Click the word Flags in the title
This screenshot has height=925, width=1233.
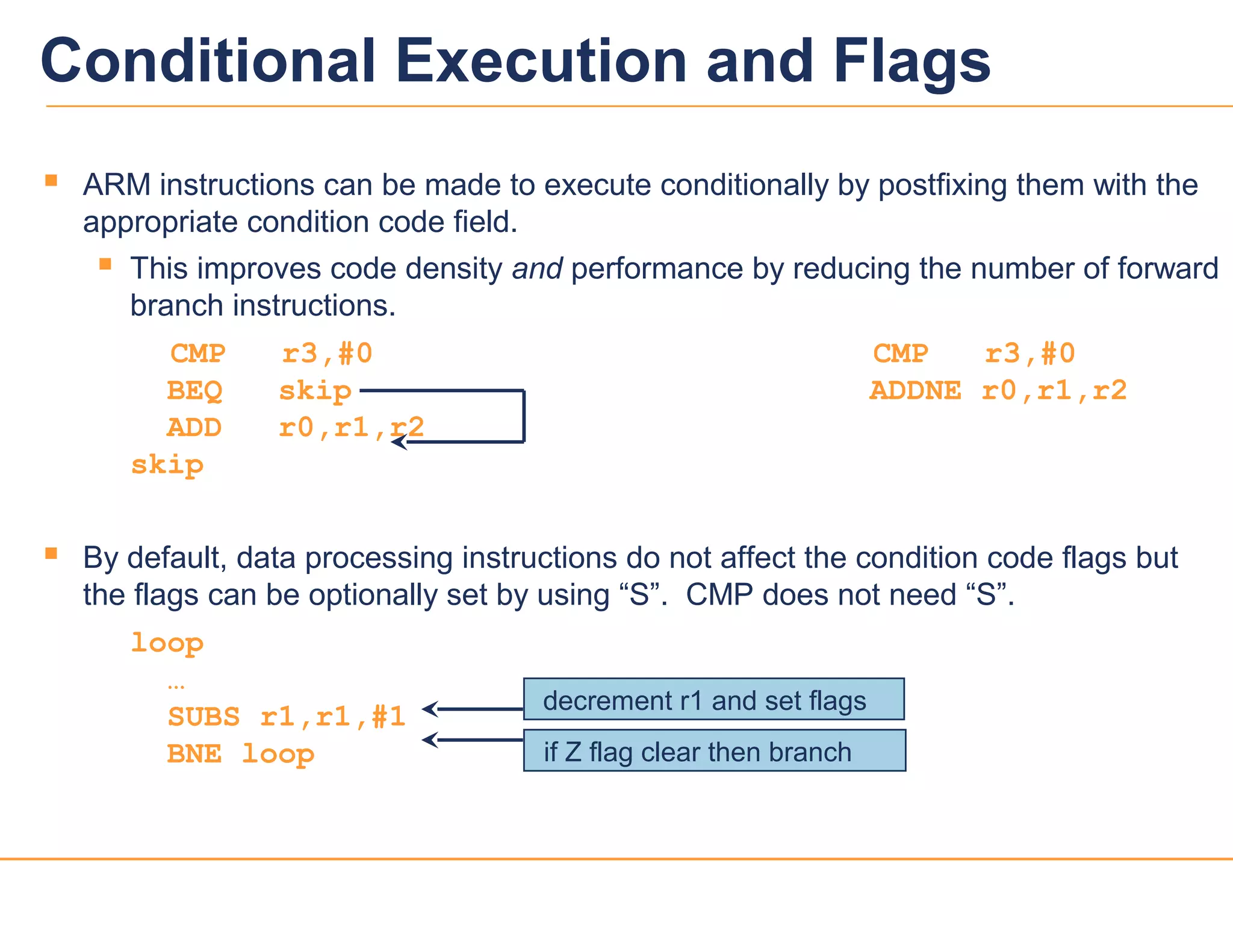pyautogui.click(x=912, y=61)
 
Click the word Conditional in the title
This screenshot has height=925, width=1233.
pyautogui.click(x=208, y=61)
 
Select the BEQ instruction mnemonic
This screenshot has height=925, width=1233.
pyautogui.click(x=194, y=391)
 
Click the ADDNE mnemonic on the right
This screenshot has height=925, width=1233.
pyautogui.click(x=915, y=391)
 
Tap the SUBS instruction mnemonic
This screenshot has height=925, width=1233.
pyautogui.click(x=203, y=717)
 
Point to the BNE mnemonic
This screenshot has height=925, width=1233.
pyautogui.click(x=194, y=754)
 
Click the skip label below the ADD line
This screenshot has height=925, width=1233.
pyautogui.click(x=167, y=465)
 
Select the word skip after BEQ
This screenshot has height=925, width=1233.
pyautogui.click(x=315, y=391)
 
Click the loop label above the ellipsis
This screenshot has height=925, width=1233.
pyautogui.click(x=167, y=643)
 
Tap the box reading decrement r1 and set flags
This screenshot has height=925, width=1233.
pyautogui.click(x=713, y=699)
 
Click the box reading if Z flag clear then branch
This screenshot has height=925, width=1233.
pyautogui.click(x=714, y=750)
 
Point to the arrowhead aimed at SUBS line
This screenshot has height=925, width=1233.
pyautogui.click(x=429, y=709)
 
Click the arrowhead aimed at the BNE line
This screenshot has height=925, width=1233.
pyautogui.click(x=429, y=740)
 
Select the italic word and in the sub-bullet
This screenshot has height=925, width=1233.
pyautogui.click(x=536, y=269)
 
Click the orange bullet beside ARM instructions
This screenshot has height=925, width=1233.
pyautogui.click(x=51, y=180)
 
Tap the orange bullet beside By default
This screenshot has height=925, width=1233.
pyautogui.click(x=51, y=553)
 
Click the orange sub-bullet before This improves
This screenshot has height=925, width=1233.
pyautogui.click(x=105, y=264)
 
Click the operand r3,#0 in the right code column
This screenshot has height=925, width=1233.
pyautogui.click(x=1030, y=353)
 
